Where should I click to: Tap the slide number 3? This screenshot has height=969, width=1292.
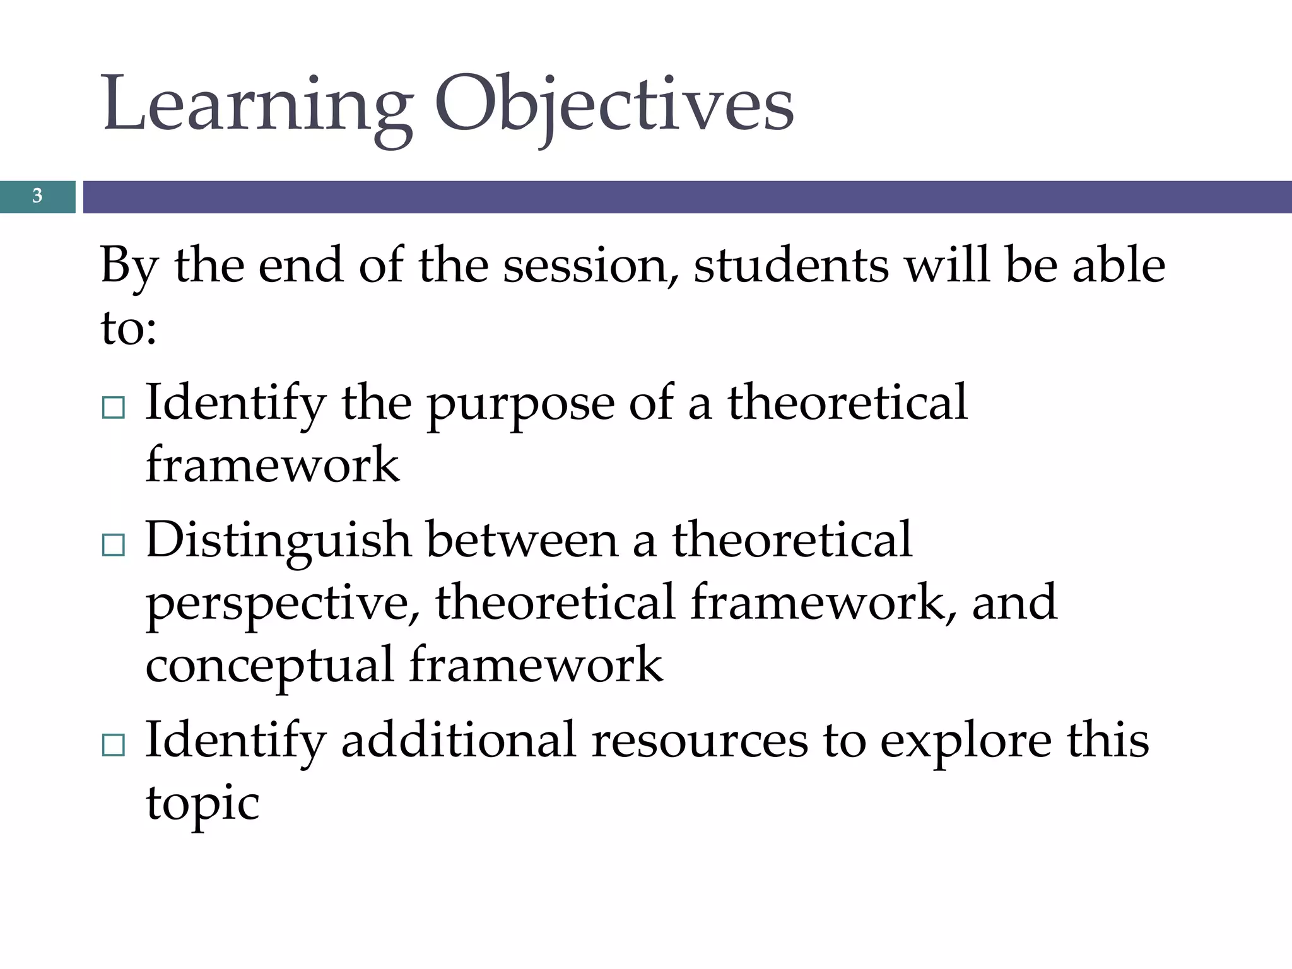tap(37, 196)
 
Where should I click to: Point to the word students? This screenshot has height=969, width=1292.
tap(791, 265)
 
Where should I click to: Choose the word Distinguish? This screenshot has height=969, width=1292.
tap(278, 541)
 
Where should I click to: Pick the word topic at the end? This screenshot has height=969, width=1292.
tap(203, 804)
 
